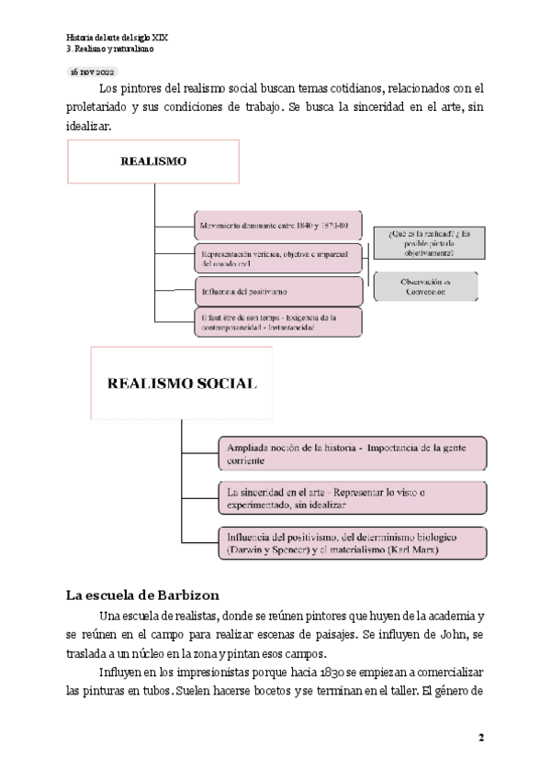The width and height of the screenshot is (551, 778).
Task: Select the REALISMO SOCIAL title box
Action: pos(182,383)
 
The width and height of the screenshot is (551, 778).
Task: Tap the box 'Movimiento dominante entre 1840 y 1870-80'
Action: pos(279,226)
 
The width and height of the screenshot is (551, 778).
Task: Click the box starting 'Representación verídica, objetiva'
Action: pos(279,259)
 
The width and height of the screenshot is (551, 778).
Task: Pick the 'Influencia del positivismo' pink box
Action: pos(279,292)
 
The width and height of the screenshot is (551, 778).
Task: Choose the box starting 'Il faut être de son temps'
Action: pos(279,321)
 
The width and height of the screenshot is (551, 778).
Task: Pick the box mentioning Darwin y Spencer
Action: pos(352,543)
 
